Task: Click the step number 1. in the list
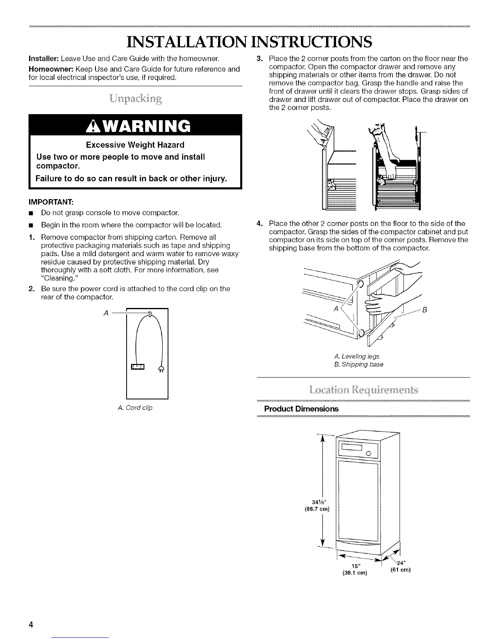point(32,237)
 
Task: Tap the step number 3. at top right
point(260,59)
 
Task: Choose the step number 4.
point(260,223)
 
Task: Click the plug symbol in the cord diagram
point(161,368)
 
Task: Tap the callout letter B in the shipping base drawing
point(425,310)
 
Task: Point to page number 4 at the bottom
point(30,624)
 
